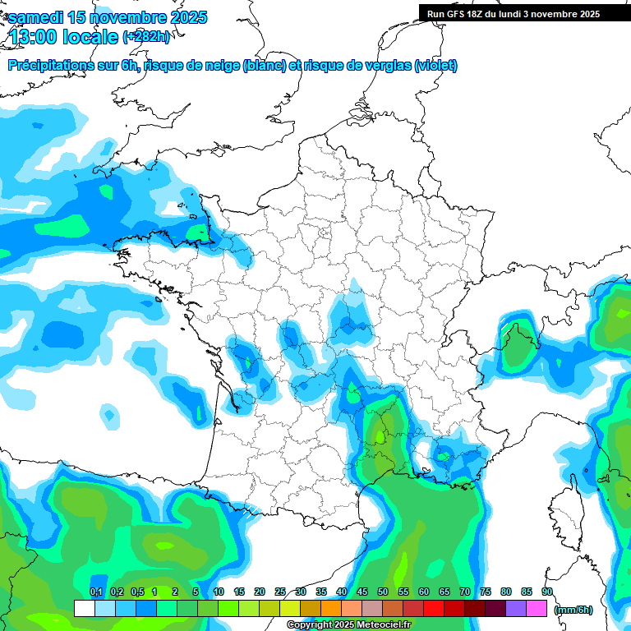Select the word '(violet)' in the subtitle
pos(435,66)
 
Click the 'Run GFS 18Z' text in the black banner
pos(456,14)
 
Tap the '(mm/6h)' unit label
pos(573,609)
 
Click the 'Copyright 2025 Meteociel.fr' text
pos(348,625)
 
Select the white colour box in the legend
pos(84,609)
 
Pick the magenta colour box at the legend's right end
pos(537,609)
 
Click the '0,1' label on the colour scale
pos(95,592)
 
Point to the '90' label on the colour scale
pos(546,592)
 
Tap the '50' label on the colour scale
pos(383,592)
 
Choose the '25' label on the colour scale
pos(280,592)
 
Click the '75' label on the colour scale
pos(486,592)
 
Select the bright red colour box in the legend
pos(434,609)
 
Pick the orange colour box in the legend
pos(331,609)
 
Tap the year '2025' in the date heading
pos(185,17)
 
